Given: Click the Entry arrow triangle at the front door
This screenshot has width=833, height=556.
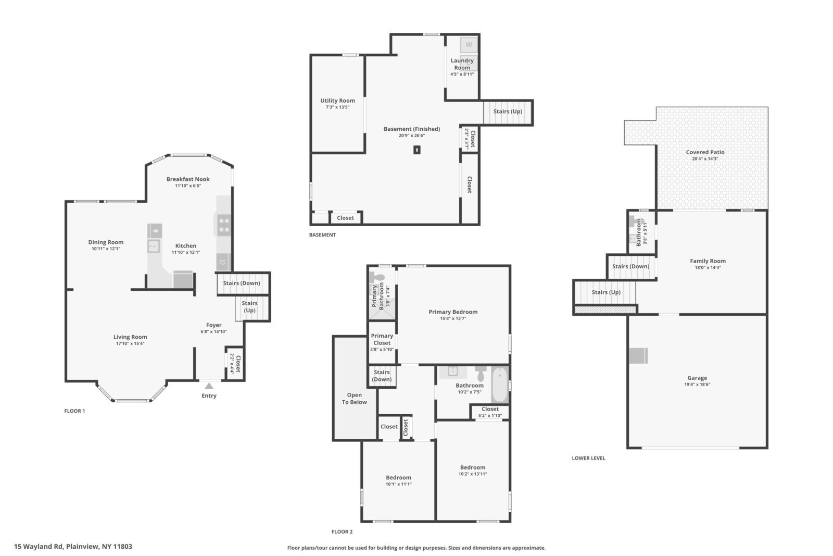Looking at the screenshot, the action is [x=209, y=386].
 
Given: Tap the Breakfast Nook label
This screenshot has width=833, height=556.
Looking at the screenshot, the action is [x=188, y=179].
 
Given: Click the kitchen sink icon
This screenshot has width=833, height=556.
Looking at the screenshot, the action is [x=154, y=246].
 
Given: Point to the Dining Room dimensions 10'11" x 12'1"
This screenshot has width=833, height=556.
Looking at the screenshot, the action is [x=106, y=249].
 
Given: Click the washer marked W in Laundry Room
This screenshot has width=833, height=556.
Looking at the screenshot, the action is [x=469, y=45].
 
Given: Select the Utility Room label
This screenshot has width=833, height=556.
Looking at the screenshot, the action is [x=338, y=101].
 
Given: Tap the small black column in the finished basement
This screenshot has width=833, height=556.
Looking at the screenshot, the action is [x=417, y=150].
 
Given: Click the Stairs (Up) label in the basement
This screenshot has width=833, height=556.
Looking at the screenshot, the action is [x=508, y=112].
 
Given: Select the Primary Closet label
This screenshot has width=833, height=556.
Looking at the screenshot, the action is [x=382, y=339].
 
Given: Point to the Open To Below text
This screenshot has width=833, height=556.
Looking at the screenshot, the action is [x=355, y=399].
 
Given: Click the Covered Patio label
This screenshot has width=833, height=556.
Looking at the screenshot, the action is [x=705, y=152].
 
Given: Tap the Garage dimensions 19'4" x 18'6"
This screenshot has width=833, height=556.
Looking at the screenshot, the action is [x=697, y=385].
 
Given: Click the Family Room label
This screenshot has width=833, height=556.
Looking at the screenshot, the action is [x=708, y=261].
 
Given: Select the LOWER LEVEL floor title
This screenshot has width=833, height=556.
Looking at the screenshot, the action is [x=588, y=458].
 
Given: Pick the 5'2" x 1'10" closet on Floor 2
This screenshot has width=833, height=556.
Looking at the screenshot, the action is [x=490, y=412].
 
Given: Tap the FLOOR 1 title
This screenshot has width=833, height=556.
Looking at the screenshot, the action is [x=74, y=411].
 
